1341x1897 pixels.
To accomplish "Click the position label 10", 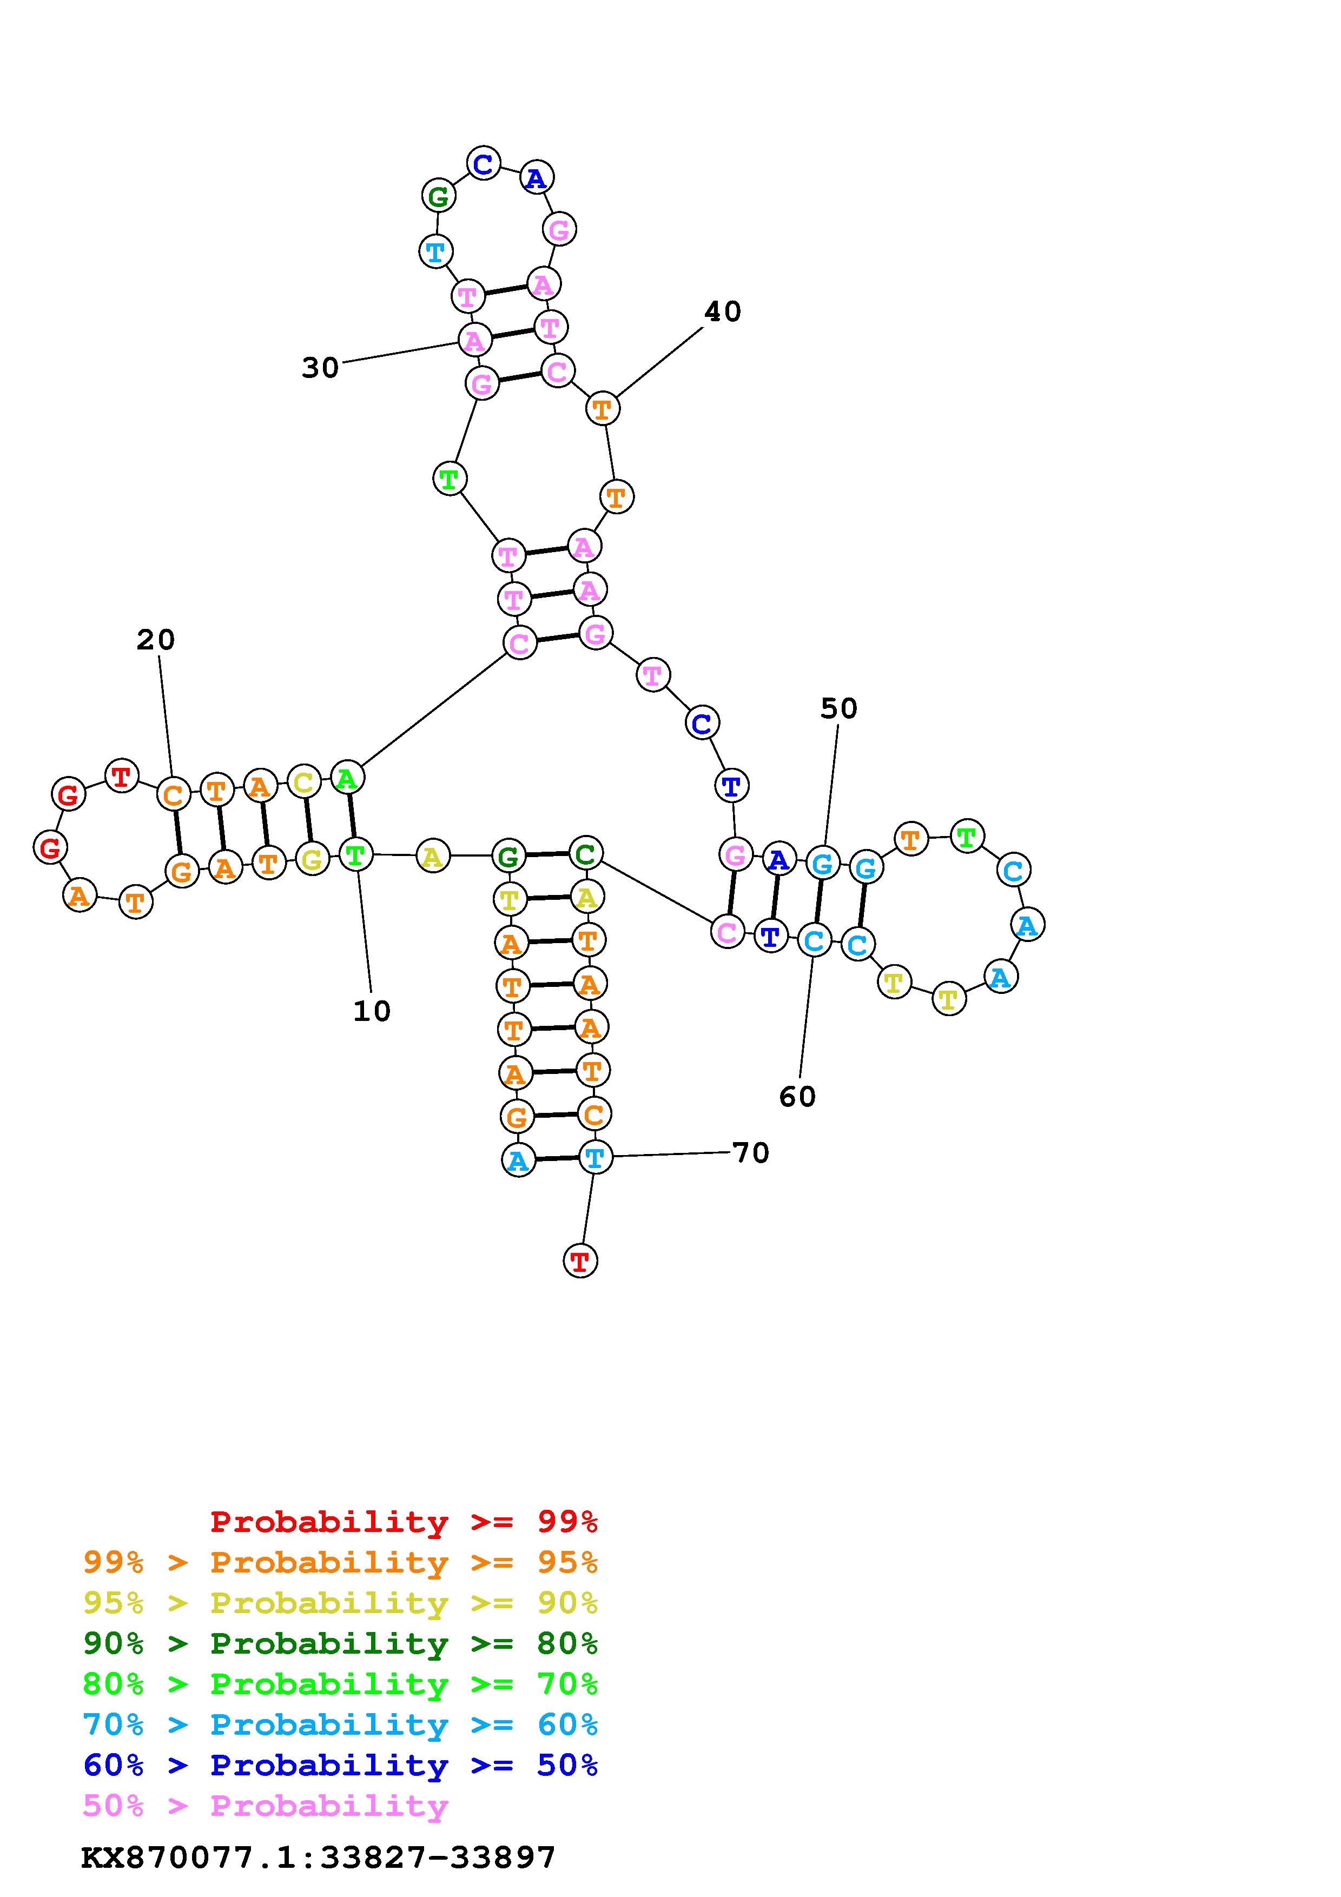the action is pos(372,1011).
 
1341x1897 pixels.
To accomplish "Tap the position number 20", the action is pos(155,640).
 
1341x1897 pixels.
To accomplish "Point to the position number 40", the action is pos(722,311).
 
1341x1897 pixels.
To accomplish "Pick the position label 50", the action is pos(838,708).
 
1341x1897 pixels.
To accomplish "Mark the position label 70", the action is pos(751,1152).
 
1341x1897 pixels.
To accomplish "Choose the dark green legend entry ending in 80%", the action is pos(340,1643).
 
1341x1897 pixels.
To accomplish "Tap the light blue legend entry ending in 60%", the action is pos(340,1724).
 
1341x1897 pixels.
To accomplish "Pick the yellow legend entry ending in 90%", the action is pos(340,1603).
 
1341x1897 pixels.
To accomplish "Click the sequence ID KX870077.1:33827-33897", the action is pos(318,1858).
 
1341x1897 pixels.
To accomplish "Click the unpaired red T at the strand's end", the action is pos(580,1261).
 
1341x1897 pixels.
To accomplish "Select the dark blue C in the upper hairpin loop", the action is pos(484,164).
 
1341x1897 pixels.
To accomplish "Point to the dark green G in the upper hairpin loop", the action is pos(438,197).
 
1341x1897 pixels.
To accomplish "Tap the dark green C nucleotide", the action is pos(585,853).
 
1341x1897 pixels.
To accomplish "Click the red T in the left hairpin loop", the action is pos(122,776).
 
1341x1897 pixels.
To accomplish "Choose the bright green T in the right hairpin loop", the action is pos(966,837).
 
